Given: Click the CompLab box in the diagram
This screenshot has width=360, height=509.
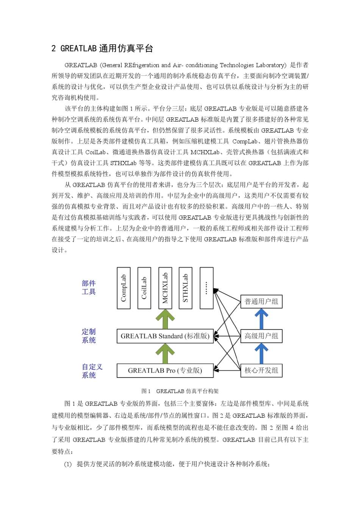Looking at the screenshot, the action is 124,288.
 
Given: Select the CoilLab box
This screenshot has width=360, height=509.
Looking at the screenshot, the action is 144,288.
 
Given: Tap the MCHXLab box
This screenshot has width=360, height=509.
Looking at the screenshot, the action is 165,288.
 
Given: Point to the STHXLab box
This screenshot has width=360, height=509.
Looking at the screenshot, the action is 185,288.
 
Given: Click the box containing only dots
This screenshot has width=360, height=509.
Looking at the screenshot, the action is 206,288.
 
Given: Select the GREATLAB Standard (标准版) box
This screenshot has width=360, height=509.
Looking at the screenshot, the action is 165,336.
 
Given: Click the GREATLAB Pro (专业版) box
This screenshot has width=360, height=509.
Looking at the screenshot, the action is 165,370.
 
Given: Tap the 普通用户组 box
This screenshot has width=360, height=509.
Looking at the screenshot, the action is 261,301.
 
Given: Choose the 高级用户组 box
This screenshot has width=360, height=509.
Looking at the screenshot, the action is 261,336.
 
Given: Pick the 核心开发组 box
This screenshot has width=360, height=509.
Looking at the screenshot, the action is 261,370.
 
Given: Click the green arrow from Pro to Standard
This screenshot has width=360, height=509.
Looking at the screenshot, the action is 165,354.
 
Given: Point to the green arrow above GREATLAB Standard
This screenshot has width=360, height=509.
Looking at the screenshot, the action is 165,319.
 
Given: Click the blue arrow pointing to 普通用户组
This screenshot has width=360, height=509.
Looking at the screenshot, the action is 261,319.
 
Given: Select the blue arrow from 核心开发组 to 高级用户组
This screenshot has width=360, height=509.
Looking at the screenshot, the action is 261,353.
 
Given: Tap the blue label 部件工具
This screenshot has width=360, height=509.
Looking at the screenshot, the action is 89,287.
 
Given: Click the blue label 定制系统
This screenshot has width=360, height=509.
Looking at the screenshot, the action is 89,336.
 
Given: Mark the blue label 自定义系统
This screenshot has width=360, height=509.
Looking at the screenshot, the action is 92,371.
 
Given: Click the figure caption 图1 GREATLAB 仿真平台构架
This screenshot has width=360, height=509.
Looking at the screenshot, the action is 180,391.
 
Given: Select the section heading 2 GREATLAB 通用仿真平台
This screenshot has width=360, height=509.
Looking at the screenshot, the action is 102,48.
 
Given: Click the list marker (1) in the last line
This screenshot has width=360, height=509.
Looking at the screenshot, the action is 68,464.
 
